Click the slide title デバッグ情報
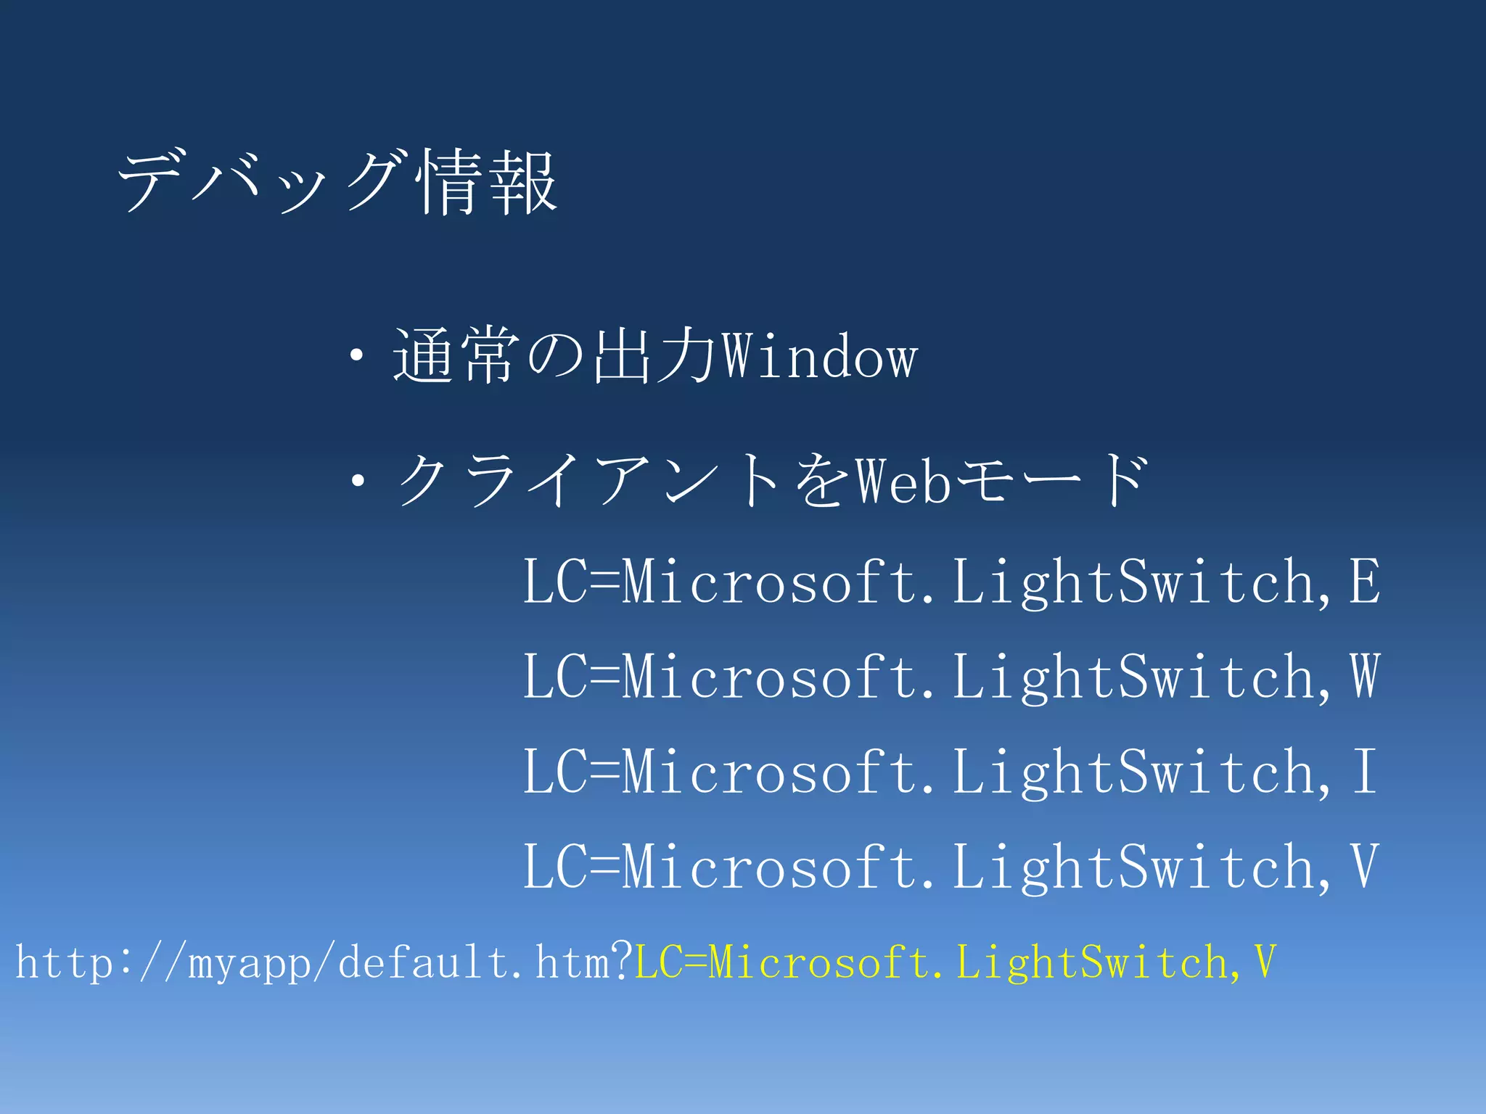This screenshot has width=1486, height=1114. tap(337, 181)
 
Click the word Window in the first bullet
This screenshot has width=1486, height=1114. tap(821, 357)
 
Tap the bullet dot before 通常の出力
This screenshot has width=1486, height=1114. tap(356, 356)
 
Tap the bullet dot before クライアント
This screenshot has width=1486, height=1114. tap(356, 480)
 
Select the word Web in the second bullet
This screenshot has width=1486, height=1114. tap(903, 481)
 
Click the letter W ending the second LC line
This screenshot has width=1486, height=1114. tap(1364, 676)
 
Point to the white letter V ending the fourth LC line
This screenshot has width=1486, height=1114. tap(1364, 866)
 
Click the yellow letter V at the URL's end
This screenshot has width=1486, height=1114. tap(1264, 962)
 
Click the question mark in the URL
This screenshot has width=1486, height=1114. tap(622, 961)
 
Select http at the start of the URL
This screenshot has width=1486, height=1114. tap(64, 963)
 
